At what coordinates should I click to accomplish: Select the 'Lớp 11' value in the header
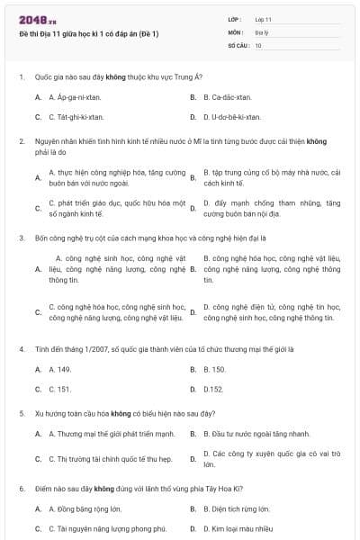click(263, 19)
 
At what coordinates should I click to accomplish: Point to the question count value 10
click(258, 44)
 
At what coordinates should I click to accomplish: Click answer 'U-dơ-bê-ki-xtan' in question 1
click(232, 117)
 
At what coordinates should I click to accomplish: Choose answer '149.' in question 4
click(59, 369)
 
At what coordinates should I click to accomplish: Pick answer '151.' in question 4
click(59, 390)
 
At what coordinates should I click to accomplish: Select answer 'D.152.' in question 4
click(213, 390)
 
